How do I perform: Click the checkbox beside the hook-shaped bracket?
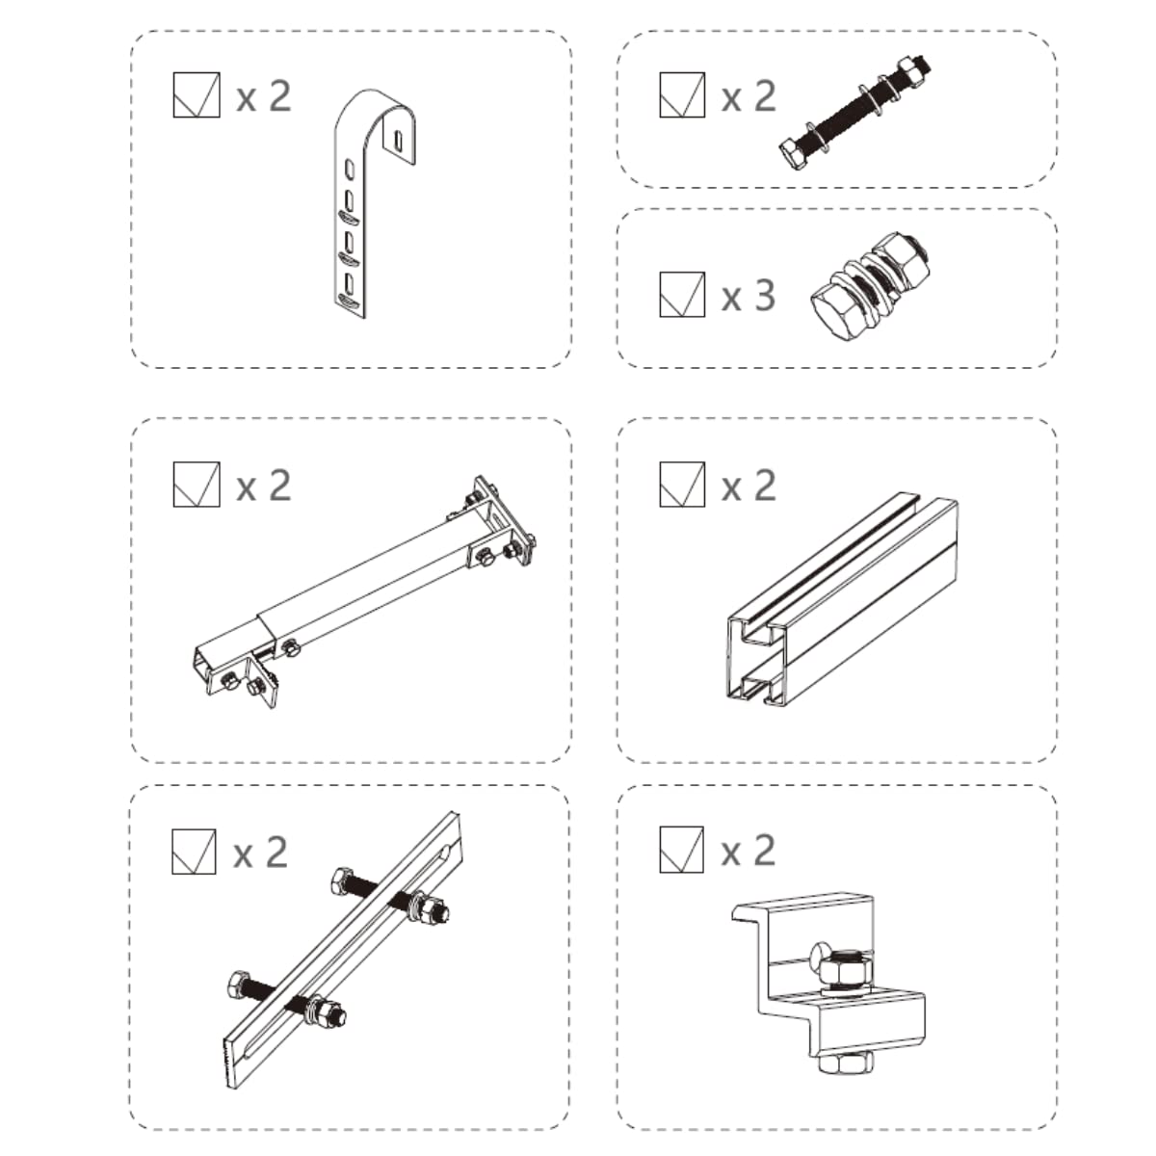click(x=197, y=94)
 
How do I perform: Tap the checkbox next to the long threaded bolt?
click(x=682, y=94)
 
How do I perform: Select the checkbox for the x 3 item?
click(x=682, y=294)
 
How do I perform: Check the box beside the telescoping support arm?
click(x=197, y=485)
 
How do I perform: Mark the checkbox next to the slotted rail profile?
click(x=682, y=485)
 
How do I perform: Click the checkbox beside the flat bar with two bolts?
click(x=194, y=852)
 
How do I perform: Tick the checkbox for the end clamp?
click(x=681, y=850)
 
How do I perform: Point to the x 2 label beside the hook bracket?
click(x=264, y=96)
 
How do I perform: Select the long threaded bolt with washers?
click(x=854, y=114)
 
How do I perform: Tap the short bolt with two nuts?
click(x=870, y=285)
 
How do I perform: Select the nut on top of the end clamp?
click(x=844, y=967)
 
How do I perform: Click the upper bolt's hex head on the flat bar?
click(x=341, y=880)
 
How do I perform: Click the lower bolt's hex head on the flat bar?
click(x=239, y=984)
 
